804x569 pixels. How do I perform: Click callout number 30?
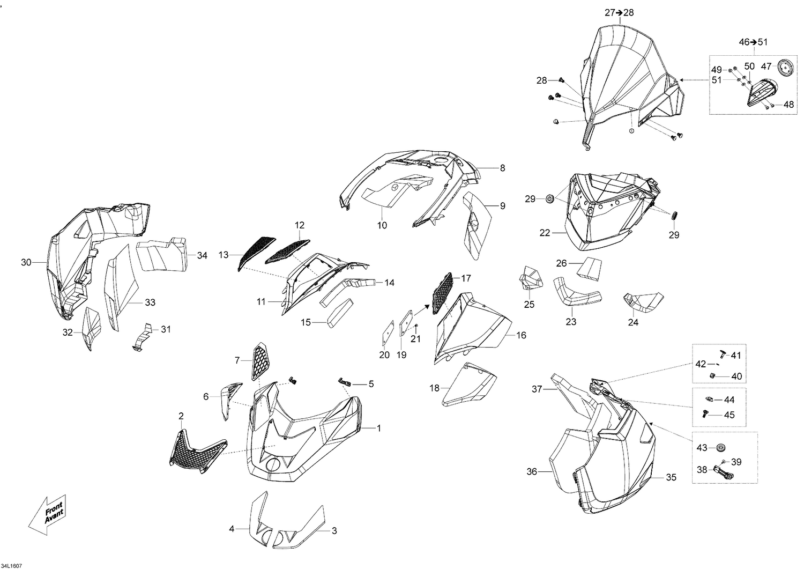pos(26,262)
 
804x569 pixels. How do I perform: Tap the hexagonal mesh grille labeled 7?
pos(259,361)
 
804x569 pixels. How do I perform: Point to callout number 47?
pos(766,66)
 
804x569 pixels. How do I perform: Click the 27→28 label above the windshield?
pos(619,13)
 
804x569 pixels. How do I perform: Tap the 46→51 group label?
pos(753,42)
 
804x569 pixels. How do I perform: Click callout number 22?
pos(545,233)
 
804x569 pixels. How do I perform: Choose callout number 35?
pos(671,477)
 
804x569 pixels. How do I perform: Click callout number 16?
pos(521,336)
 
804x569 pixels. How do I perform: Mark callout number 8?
pos(502,168)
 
